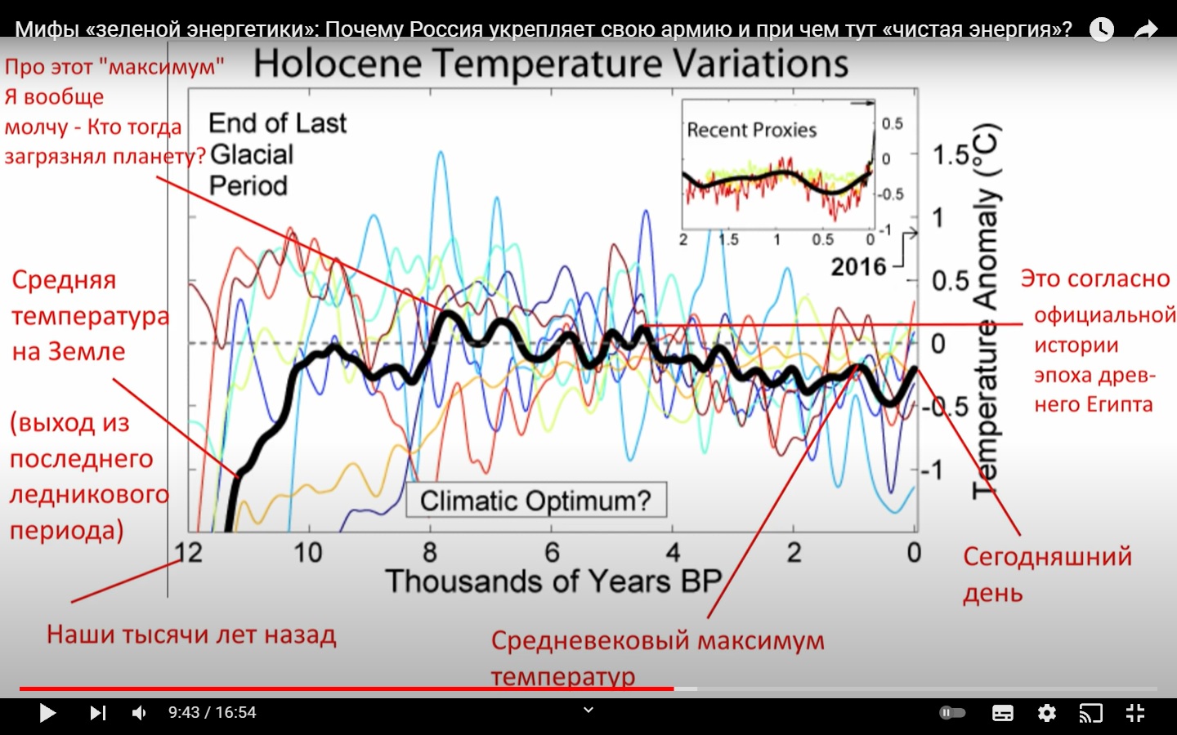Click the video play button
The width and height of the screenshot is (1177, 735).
coord(47,713)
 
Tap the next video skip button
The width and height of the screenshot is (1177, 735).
coord(98,713)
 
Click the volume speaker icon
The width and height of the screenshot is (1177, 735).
coord(139,713)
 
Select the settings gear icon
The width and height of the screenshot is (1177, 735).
coord(1047,713)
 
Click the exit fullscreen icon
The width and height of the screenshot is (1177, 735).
coord(1135,713)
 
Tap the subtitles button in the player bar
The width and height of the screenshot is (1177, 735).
coord(1003,713)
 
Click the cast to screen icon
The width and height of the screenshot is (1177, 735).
coord(1090,713)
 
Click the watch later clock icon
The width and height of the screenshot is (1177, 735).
coord(1102,29)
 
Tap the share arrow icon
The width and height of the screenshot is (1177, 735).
coord(1147,29)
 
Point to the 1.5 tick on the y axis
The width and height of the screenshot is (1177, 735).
coord(951,154)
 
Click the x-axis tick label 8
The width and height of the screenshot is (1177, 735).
coord(430,553)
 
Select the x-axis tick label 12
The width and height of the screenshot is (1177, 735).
coord(189,553)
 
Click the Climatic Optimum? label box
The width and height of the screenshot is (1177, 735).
coord(536,500)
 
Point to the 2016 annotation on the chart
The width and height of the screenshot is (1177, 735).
coord(858,266)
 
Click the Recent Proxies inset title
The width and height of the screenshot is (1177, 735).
coord(751,130)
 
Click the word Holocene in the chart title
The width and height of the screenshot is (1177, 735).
coord(338,64)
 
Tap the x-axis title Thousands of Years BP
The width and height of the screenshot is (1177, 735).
coord(553,581)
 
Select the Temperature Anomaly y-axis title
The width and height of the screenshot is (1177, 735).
coord(986,310)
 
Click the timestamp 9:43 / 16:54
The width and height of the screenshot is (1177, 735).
coord(213,713)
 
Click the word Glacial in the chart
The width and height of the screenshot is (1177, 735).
coord(252,154)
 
